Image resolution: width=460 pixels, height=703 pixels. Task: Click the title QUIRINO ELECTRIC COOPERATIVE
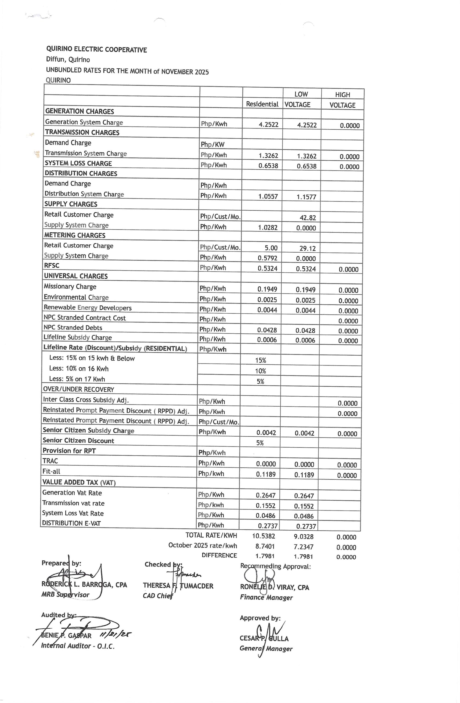click(96, 49)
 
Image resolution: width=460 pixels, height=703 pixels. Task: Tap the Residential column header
click(262, 104)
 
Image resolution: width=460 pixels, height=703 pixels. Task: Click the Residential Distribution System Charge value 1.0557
click(268, 196)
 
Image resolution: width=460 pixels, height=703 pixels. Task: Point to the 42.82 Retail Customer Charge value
click(308, 218)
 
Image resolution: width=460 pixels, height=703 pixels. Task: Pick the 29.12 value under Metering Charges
click(307, 249)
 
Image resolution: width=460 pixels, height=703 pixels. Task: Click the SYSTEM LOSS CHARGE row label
click(78, 163)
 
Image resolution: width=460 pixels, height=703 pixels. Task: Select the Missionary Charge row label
click(70, 286)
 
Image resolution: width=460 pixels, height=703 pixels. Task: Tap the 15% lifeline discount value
click(261, 360)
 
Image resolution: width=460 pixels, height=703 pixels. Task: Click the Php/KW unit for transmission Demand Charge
click(212, 144)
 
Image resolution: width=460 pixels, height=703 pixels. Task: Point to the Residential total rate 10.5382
click(264, 536)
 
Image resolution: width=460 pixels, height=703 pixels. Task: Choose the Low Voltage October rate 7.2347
click(303, 547)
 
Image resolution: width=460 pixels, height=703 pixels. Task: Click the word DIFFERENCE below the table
click(219, 555)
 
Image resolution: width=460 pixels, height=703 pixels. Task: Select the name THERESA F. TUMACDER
click(178, 586)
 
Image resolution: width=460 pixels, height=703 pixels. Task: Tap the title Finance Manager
click(266, 598)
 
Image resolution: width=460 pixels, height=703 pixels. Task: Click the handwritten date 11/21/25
click(116, 634)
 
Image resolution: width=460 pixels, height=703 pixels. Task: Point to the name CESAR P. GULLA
click(264, 638)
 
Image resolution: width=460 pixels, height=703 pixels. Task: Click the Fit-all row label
click(51, 472)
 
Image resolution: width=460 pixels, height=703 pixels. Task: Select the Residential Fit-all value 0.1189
click(266, 474)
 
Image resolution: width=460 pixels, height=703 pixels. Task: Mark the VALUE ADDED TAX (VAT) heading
click(79, 482)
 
